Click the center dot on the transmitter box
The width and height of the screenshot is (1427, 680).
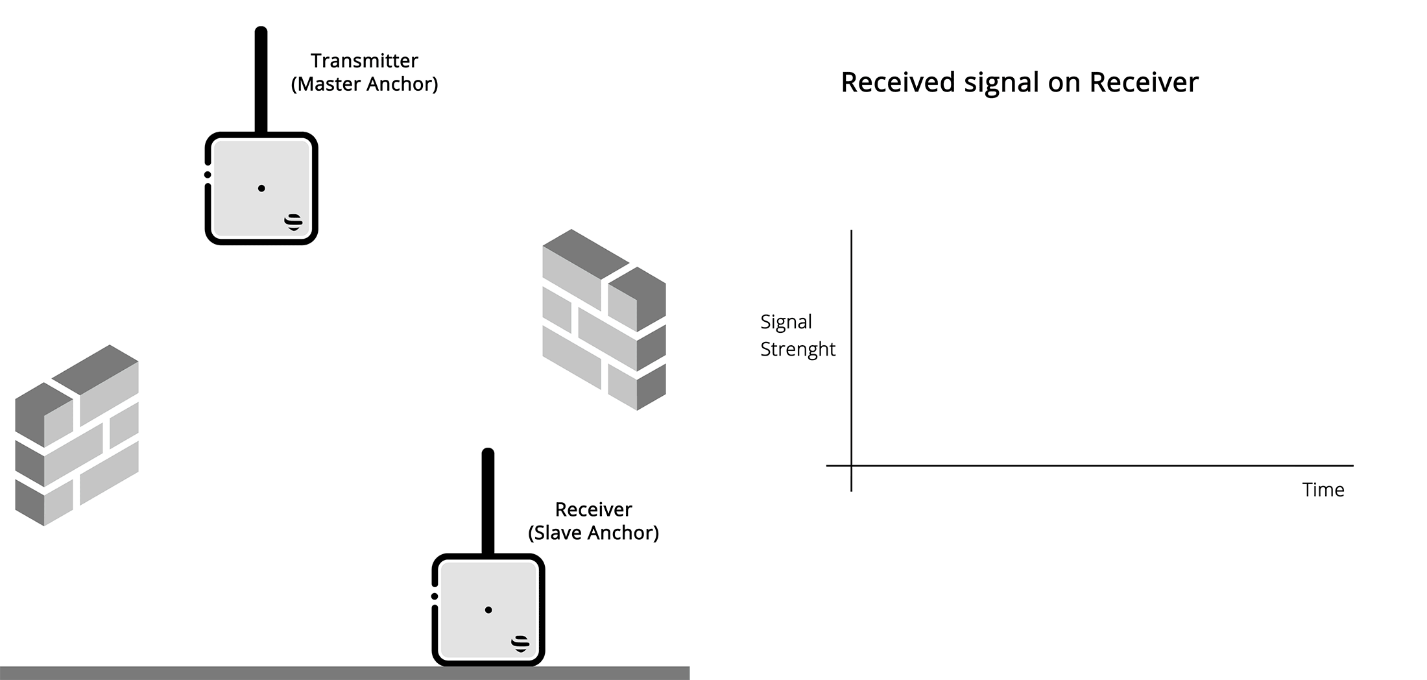tap(261, 188)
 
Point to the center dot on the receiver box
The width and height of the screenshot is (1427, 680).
tap(488, 610)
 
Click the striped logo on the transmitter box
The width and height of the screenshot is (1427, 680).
tap(294, 222)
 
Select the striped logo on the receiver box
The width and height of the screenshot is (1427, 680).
tap(520, 643)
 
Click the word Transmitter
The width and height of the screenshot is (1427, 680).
tap(364, 61)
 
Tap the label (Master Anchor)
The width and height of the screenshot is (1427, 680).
tap(365, 84)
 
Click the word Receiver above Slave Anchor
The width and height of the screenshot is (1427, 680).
tap(594, 509)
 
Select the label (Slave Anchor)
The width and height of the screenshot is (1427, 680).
tap(594, 533)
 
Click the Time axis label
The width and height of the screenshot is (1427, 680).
tap(1323, 490)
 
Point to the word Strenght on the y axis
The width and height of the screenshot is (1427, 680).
tap(798, 349)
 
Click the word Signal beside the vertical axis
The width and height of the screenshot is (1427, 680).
tap(786, 322)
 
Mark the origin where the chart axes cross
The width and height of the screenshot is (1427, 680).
tap(851, 465)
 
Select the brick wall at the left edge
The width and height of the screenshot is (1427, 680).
tap(77, 435)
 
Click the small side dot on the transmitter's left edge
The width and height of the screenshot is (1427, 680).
tap(208, 175)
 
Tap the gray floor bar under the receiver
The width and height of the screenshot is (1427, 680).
tap(259, 673)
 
